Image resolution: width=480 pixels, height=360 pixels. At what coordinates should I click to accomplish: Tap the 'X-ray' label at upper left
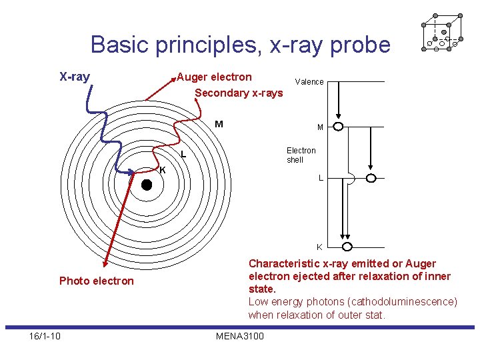pos(75,77)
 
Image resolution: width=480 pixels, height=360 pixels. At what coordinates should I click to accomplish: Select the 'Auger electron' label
pos(215,77)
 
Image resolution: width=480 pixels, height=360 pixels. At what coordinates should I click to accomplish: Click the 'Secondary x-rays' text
pos(239,93)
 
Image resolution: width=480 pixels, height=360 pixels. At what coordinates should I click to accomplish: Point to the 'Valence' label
pos(309,82)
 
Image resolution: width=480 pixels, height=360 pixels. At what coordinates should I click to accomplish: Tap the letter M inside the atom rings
pos(219,123)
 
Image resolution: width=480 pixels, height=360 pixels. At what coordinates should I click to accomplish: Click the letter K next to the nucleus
pos(162,169)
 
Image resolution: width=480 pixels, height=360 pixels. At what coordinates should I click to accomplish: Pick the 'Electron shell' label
pos(301,155)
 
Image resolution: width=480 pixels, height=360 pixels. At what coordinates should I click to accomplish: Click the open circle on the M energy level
pos(339,127)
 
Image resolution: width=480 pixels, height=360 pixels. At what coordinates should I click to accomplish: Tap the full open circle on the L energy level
pos(371,178)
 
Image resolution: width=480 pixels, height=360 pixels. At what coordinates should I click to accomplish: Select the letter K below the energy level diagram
pos(319,247)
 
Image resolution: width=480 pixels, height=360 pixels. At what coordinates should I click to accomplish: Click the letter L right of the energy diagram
pos(321,178)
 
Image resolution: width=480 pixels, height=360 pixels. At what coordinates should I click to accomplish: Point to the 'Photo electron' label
pos(97,281)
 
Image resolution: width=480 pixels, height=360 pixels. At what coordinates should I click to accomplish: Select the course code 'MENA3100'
pos(240,336)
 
